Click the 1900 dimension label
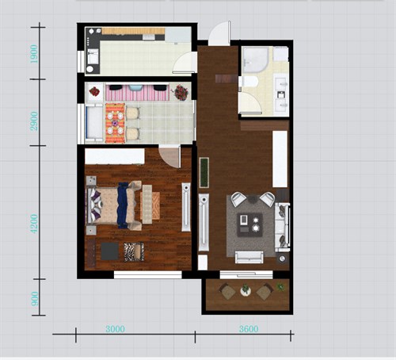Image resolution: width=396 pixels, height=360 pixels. click(x=34, y=54)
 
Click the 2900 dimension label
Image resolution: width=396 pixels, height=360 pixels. click(x=34, y=121)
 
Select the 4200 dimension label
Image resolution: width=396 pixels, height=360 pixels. click(x=34, y=224)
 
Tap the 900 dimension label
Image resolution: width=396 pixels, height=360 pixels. click(x=35, y=299)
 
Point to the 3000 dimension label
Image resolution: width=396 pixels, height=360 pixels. click(x=115, y=329)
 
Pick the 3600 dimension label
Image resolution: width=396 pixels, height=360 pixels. click(x=249, y=329)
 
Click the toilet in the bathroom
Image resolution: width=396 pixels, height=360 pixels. click(x=248, y=81)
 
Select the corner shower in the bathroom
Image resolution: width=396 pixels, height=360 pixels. click(x=256, y=59)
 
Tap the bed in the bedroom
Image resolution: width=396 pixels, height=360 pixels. click(x=114, y=205)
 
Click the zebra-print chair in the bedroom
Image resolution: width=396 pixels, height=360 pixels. click(x=134, y=252)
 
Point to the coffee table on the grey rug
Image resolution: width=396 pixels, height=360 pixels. click(x=249, y=224)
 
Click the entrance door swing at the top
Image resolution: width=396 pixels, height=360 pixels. click(x=219, y=33)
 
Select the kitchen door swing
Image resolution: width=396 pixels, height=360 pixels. click(x=185, y=63)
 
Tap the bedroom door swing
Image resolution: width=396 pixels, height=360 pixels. click(x=170, y=156)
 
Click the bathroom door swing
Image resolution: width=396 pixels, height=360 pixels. click(x=250, y=103)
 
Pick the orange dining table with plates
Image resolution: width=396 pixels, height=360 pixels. click(x=115, y=123)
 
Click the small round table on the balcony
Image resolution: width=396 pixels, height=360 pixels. click(x=246, y=290)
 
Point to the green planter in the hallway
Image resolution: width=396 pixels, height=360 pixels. click(x=204, y=172)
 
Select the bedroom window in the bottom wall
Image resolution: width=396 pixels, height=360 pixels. click(x=148, y=274)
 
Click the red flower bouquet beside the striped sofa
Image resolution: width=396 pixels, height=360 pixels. click(x=181, y=93)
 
